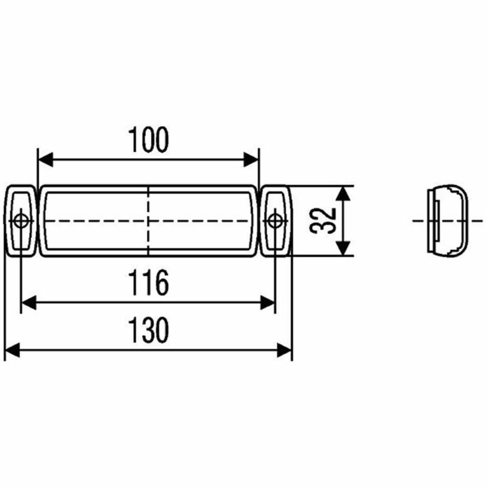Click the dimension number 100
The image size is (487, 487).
pos(149,140)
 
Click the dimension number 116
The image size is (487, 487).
pos(149,282)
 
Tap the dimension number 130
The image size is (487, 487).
pos(149,330)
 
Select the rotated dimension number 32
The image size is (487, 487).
pos(323,221)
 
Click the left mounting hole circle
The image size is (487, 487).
pos(21,221)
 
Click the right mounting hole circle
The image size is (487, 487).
pos(274,221)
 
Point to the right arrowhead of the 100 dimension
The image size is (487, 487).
pos(251,159)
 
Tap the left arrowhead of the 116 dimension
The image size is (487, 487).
pos(29,303)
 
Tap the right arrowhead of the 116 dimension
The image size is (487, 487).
pos(267,303)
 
